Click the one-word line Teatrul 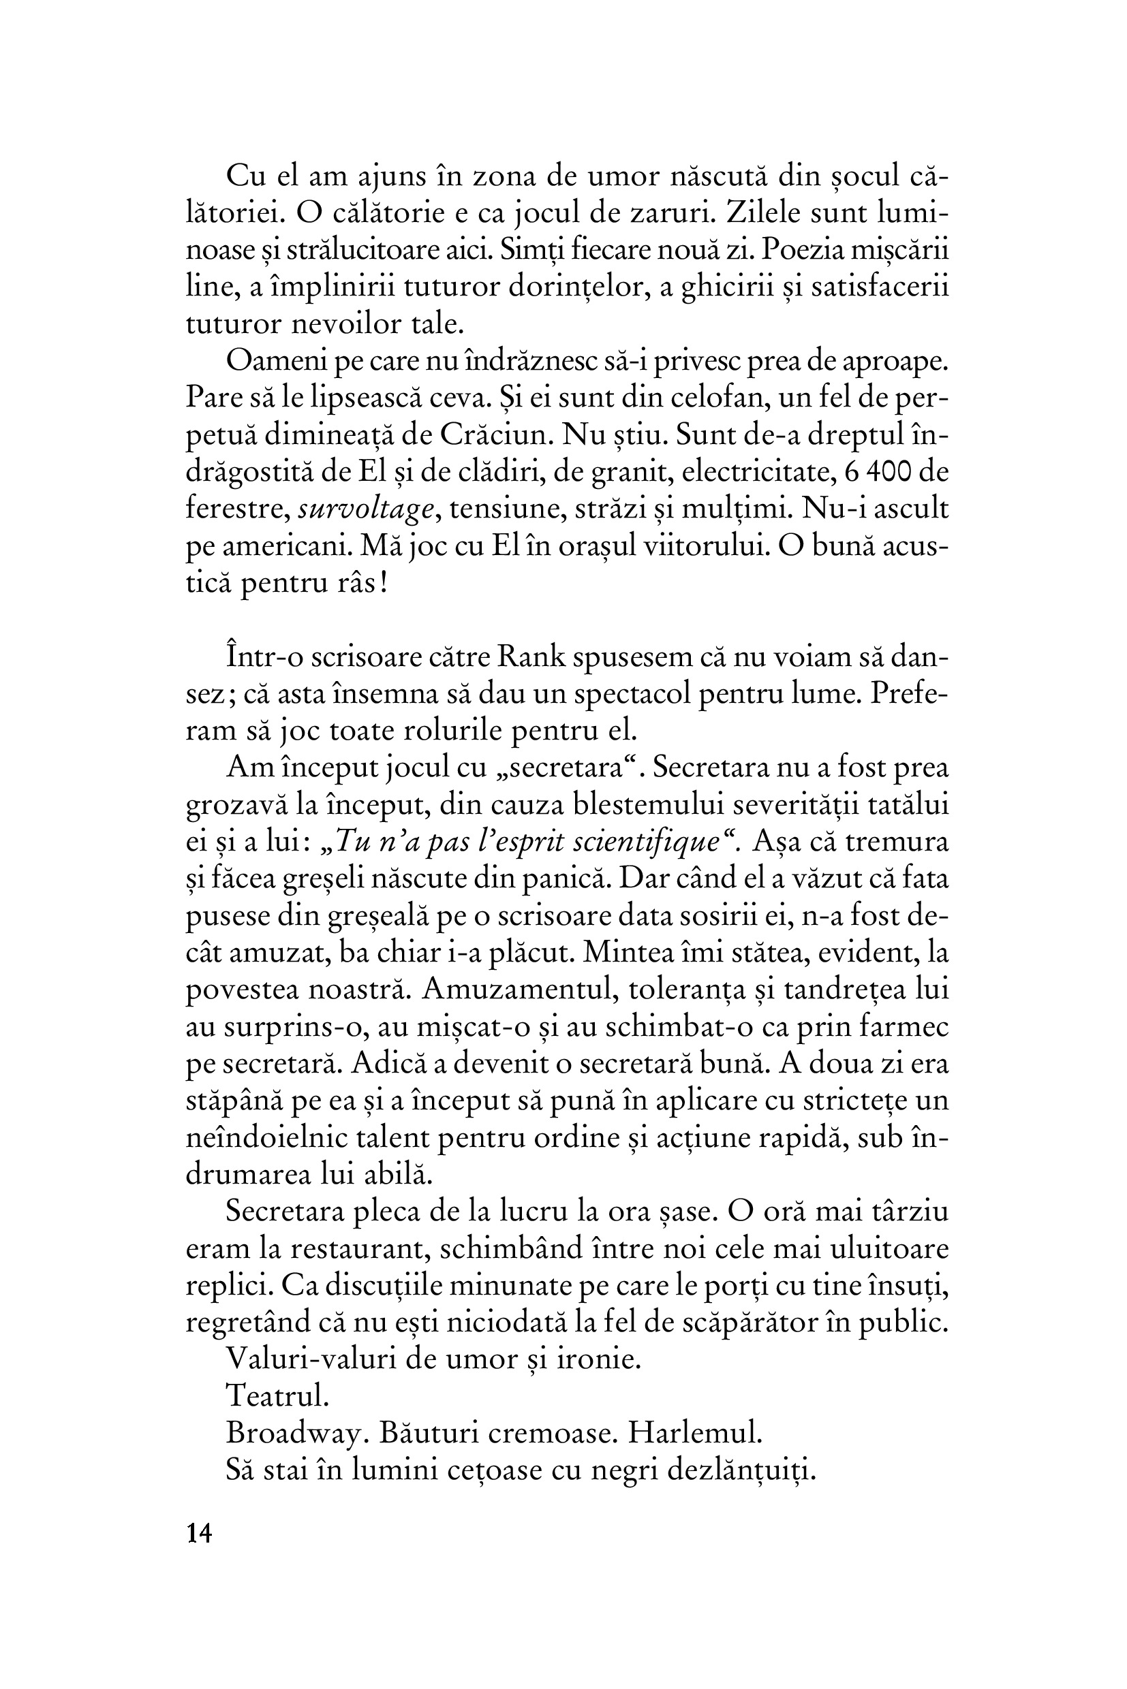[x=277, y=1395]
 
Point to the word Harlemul [x=694, y=1432]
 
